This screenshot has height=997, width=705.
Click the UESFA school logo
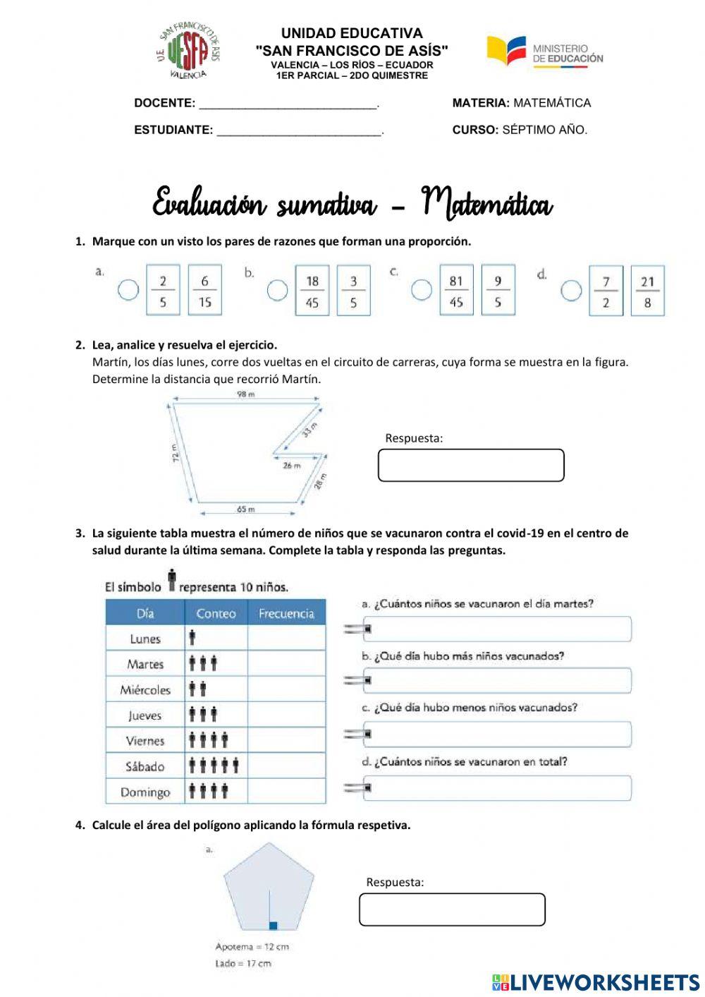click(188, 51)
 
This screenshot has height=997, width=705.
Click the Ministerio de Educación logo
click(544, 51)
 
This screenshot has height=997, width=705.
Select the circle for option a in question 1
click(128, 290)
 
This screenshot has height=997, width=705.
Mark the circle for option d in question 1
click(571, 290)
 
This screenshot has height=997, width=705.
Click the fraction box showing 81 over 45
click(456, 290)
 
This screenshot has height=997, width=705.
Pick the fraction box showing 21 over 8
click(647, 291)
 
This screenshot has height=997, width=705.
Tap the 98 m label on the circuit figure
click(245, 394)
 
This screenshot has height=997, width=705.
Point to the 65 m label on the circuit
click(245, 509)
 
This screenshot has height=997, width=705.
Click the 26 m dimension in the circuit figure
click(291, 466)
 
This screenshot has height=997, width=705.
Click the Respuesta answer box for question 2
click(471, 466)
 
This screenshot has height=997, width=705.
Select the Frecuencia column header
click(286, 613)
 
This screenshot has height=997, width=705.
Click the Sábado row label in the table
click(145, 766)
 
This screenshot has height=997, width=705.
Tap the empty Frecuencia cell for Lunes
click(286, 639)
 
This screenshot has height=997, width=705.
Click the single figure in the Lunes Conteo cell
click(192, 639)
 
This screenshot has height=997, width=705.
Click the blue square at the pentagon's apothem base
click(274, 925)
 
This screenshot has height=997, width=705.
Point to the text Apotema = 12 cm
click(252, 947)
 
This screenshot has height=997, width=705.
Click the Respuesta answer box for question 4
click(452, 910)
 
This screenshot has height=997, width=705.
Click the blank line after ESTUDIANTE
click(299, 131)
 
